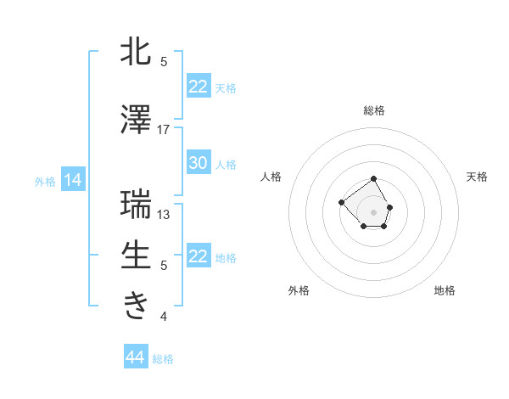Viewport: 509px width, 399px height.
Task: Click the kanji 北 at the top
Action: (x=136, y=52)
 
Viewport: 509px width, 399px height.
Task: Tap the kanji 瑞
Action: (x=136, y=205)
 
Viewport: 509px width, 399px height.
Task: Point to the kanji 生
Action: (x=136, y=255)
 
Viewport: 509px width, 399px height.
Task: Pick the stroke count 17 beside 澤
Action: (x=164, y=129)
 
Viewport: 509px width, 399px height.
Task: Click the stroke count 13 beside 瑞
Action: (x=164, y=214)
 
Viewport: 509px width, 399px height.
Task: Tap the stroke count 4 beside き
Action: (x=164, y=317)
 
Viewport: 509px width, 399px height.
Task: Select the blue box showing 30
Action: (x=199, y=163)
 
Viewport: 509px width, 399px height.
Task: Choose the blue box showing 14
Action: (x=72, y=180)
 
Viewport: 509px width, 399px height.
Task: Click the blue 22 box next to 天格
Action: (x=199, y=87)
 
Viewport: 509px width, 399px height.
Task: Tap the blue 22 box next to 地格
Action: (x=199, y=256)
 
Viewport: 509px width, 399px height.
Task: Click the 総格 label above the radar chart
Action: (x=373, y=110)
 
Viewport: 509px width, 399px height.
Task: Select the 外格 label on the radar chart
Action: (x=299, y=290)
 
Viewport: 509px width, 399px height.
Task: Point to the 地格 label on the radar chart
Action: (x=445, y=290)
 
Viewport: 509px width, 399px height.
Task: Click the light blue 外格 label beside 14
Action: (x=44, y=181)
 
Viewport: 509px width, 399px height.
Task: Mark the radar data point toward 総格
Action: (x=373, y=180)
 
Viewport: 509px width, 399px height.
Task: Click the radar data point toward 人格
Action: (x=341, y=202)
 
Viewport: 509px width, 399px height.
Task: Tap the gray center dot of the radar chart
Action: (x=373, y=211)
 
